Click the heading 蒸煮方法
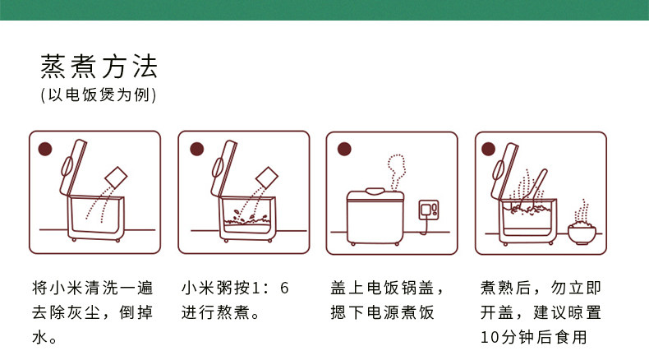coord(99,67)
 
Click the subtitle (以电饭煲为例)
coord(99,95)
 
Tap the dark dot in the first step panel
coord(45,149)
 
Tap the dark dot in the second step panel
coord(197,149)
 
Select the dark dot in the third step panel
coord(344,149)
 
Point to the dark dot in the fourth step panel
coord(489,149)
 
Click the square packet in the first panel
coord(116,178)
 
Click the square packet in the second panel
coord(267,178)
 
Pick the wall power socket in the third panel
coord(429,210)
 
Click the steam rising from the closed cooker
coord(396,172)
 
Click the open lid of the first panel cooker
coord(73,168)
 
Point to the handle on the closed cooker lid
coord(375,191)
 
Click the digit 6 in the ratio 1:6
coord(284,288)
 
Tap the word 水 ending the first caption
coord(39,337)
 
